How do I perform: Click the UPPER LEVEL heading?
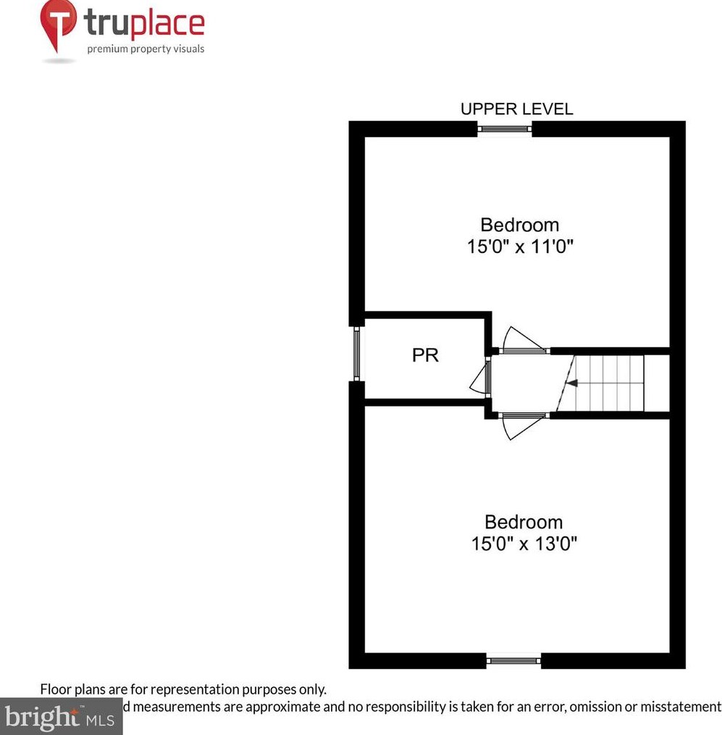click(x=516, y=109)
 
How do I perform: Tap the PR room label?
click(x=425, y=356)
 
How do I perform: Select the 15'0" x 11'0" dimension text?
click(x=520, y=246)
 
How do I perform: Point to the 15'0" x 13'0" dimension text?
click(x=524, y=543)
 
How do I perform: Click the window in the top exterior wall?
click(x=505, y=129)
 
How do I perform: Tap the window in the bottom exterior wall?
click(x=513, y=660)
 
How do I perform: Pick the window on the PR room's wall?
click(x=356, y=354)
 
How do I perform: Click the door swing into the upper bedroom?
click(x=521, y=341)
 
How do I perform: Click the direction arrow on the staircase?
click(x=571, y=383)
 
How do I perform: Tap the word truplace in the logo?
click(x=145, y=24)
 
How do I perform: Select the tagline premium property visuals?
click(x=146, y=49)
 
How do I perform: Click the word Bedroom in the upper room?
click(x=519, y=225)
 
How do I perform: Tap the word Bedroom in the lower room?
click(x=523, y=522)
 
